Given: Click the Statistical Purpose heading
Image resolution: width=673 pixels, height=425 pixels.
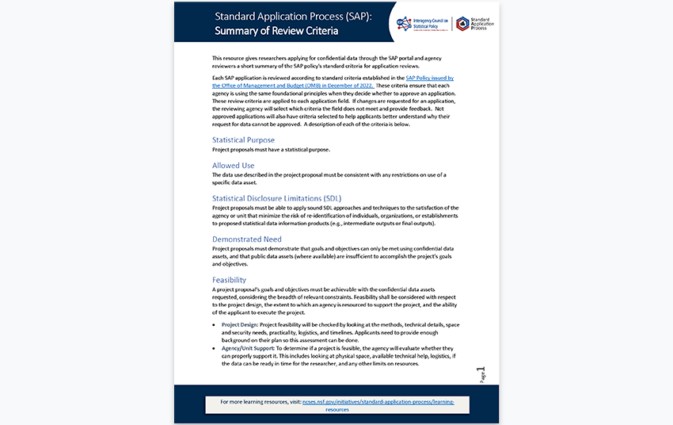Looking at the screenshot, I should [243, 140].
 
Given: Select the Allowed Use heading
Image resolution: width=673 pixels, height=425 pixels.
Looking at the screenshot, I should [234, 166].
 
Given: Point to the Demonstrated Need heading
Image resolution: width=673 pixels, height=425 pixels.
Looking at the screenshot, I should [246, 239].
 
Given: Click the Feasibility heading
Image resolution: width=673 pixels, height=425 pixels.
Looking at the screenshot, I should [229, 280].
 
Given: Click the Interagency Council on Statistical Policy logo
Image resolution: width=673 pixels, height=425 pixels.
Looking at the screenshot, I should [424, 23].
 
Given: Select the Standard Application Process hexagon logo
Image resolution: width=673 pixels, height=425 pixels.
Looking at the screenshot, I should [462, 23].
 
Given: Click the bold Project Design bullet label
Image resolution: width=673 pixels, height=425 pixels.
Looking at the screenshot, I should [238, 325].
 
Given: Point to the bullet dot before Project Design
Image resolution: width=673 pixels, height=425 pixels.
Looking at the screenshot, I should [215, 325].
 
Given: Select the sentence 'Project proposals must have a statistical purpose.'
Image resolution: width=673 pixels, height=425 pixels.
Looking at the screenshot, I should [271, 150].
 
